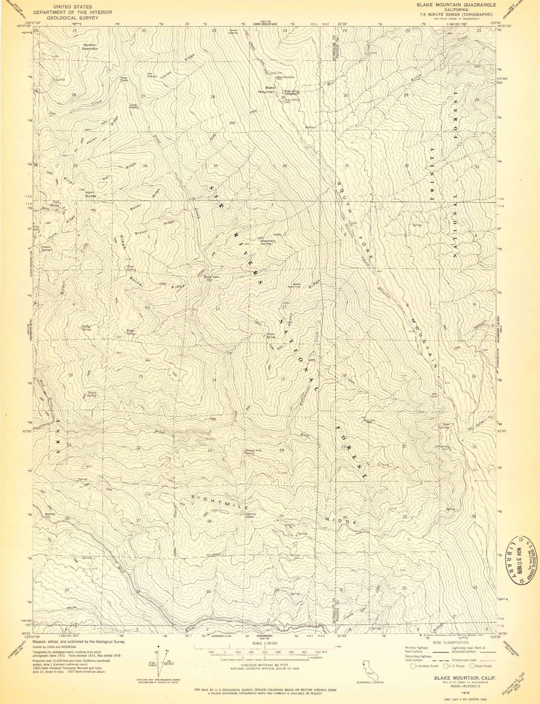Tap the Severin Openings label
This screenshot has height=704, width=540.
(90, 47)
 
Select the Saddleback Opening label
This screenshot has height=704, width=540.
(268, 242)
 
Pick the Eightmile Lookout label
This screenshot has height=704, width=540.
(251, 515)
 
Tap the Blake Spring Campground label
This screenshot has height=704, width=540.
(292, 92)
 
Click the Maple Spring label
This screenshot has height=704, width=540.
(92, 394)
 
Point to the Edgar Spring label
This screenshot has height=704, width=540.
(131, 332)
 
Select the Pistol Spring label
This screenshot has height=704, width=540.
(271, 335)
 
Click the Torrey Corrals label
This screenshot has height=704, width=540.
(124, 79)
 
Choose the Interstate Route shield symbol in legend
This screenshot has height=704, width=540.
(413, 665)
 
